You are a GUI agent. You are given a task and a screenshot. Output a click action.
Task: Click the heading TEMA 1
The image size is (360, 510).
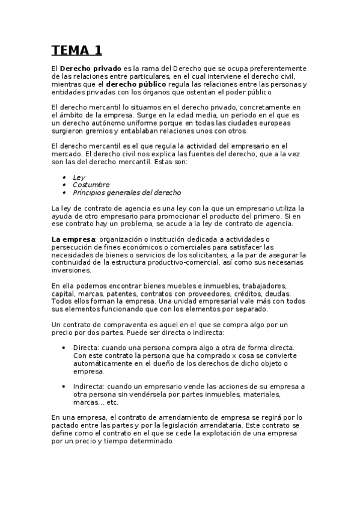tap(77, 50)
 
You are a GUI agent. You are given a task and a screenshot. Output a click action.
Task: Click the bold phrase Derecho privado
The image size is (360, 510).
tap(91, 69)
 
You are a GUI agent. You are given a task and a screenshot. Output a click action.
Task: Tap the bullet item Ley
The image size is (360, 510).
tap(79, 177)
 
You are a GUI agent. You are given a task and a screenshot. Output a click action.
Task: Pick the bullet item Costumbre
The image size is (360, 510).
tap(91, 185)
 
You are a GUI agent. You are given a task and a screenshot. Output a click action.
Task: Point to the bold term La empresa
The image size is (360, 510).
tap(74, 239)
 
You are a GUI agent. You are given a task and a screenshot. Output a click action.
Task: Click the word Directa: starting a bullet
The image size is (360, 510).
tap(86, 348)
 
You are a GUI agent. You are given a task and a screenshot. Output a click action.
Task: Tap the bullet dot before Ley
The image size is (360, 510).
tap(64, 177)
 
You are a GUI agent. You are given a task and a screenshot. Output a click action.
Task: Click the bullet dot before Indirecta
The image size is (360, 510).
tap(64, 387)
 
